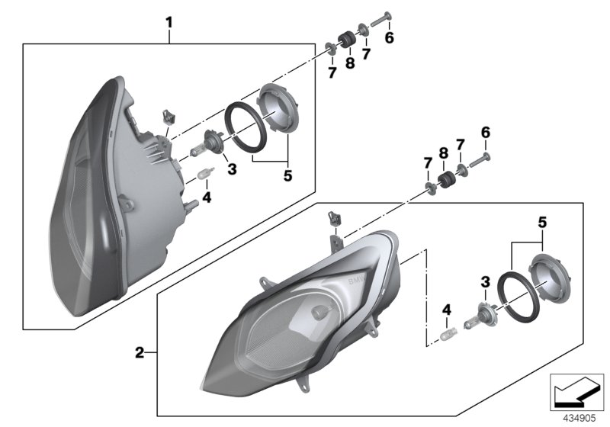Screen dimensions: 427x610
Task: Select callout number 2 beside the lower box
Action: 140,352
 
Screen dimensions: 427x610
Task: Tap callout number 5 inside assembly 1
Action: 287,175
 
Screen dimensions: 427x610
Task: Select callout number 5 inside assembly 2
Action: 541,223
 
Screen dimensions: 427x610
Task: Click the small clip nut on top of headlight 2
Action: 332,219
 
